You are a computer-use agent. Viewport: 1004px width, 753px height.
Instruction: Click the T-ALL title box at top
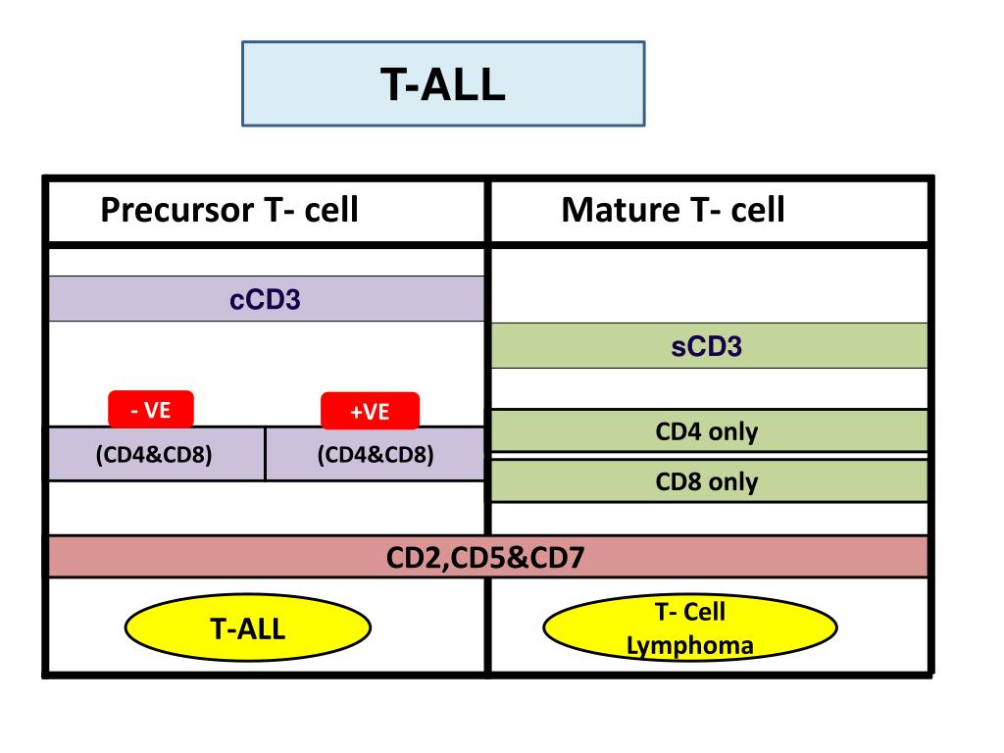click(x=443, y=83)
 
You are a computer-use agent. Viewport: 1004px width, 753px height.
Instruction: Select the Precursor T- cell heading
click(x=229, y=209)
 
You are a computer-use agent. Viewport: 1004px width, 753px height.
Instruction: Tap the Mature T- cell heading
click(x=673, y=209)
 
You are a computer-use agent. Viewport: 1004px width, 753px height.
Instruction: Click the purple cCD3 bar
click(x=266, y=299)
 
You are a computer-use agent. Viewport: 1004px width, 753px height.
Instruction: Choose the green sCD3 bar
click(x=708, y=346)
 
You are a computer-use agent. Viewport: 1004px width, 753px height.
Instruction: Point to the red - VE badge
click(x=150, y=410)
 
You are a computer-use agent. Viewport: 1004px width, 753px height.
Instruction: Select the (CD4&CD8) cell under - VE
click(x=155, y=455)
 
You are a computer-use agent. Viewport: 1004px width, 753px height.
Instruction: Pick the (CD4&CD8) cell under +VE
click(x=375, y=455)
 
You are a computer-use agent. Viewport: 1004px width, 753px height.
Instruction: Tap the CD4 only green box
click(x=708, y=431)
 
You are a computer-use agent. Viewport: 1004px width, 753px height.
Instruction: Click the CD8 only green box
click(x=708, y=481)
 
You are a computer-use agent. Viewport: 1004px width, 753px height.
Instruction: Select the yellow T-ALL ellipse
click(x=248, y=627)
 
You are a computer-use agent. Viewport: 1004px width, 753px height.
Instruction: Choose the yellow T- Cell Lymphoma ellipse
click(x=690, y=628)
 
